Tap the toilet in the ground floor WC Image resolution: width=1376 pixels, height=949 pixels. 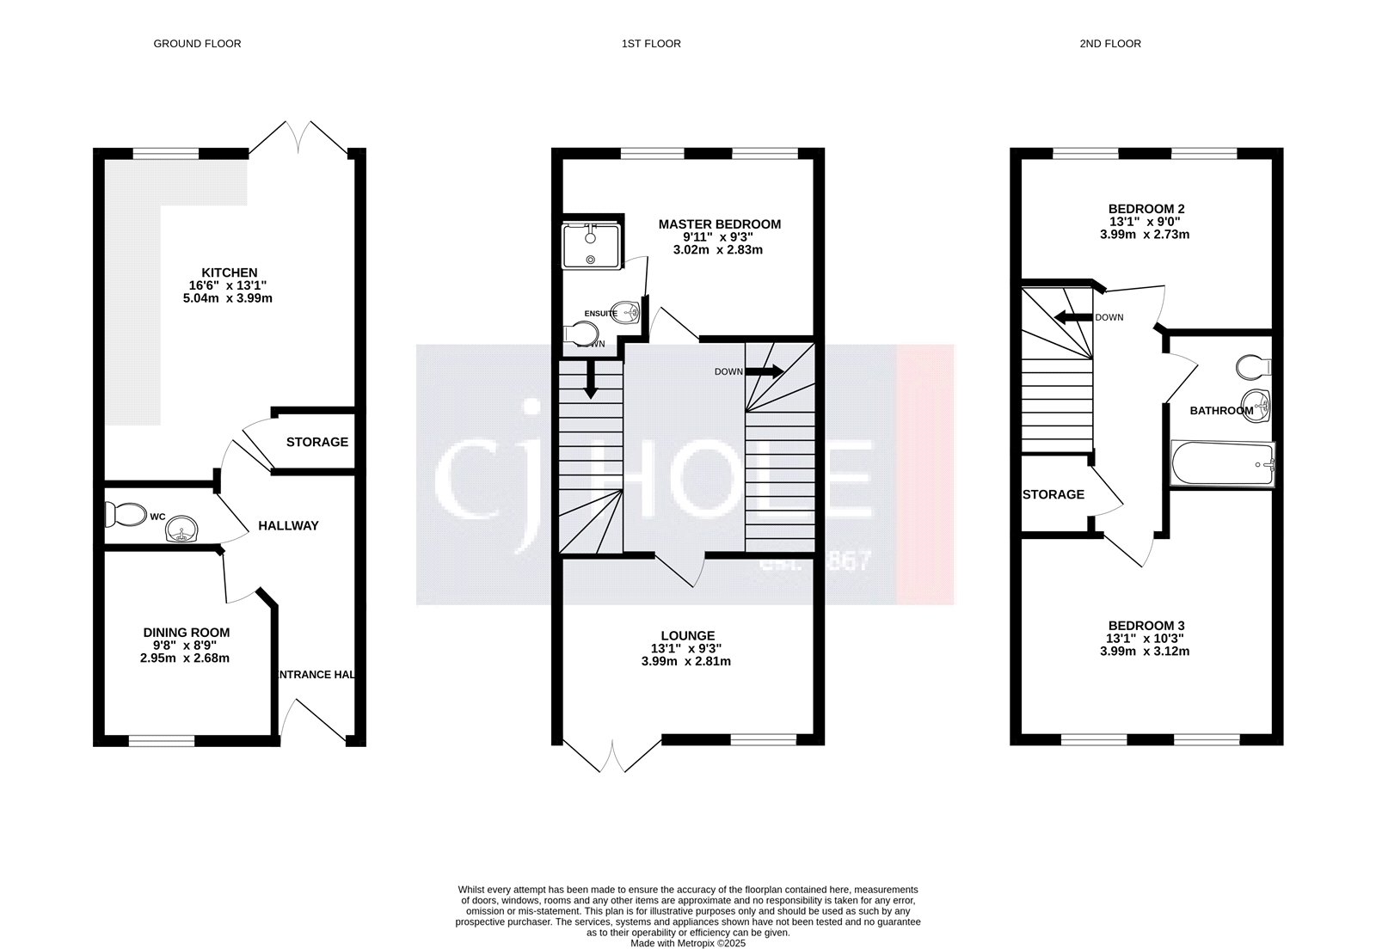pos(126,515)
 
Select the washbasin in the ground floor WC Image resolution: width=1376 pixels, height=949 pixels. pos(182,529)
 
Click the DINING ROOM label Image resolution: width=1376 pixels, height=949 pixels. pos(187,632)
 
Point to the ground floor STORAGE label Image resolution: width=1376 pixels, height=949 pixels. pos(316,442)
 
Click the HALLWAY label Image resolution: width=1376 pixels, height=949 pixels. pos(289,525)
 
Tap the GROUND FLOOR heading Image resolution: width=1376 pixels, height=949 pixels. pos(197,43)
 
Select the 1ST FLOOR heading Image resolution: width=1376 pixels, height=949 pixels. pos(651,43)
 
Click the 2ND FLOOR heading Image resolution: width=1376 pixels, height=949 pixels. pos(1110,43)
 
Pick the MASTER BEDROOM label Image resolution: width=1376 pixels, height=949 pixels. pos(720,224)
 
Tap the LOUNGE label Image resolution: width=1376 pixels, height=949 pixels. pos(688,636)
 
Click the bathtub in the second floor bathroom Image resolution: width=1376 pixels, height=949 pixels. pos(1222,464)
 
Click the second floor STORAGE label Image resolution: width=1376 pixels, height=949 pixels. pos(1053,494)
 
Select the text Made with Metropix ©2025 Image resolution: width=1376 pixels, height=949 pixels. pos(688,943)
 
